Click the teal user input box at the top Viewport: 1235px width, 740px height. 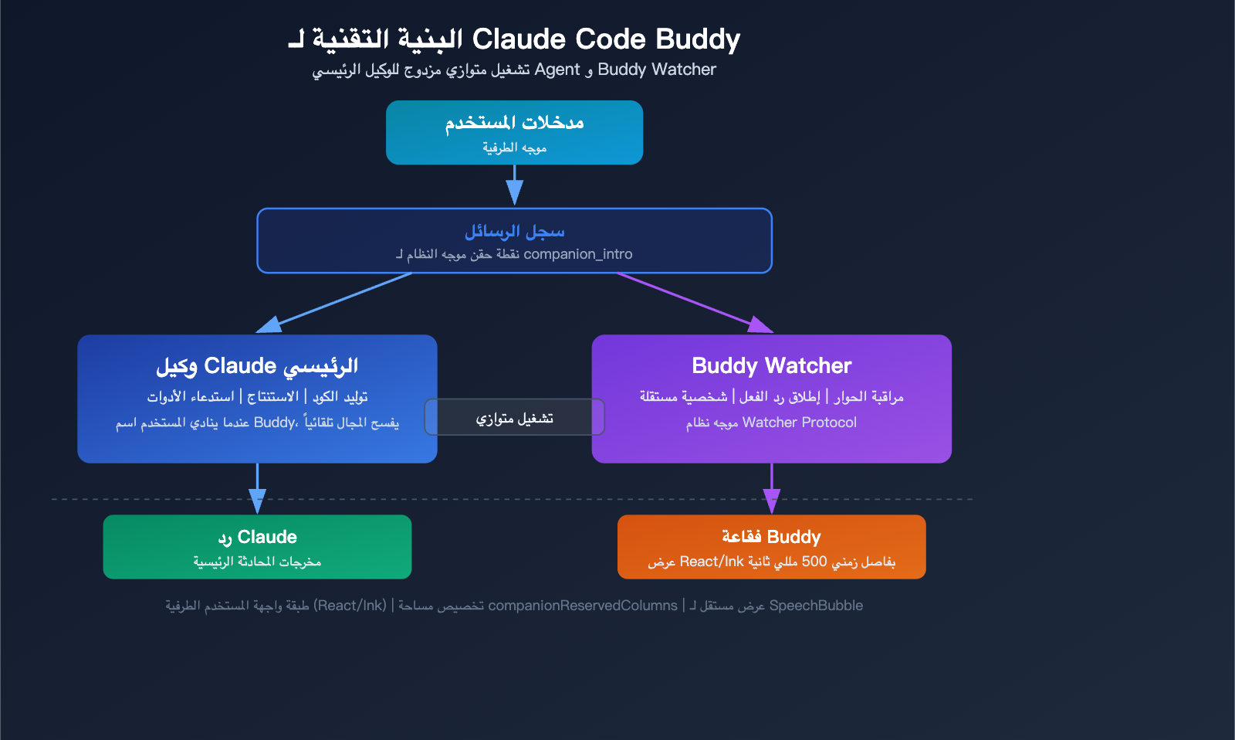click(514, 132)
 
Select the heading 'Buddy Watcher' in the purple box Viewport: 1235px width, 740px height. click(771, 365)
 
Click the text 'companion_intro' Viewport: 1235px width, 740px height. click(577, 254)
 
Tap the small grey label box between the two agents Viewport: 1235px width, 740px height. click(514, 417)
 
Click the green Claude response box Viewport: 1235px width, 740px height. click(257, 547)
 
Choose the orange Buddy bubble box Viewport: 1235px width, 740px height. click(771, 547)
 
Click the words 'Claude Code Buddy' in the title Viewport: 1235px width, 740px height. click(606, 39)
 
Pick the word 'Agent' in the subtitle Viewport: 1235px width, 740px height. click(557, 70)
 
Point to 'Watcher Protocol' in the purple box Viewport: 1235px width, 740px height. click(799, 423)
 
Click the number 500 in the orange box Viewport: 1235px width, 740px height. click(814, 562)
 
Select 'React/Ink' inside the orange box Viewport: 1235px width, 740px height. click(711, 562)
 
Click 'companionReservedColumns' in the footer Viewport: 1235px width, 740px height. click(583, 606)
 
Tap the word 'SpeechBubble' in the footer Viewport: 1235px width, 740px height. click(816, 606)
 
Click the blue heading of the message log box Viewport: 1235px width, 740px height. click(514, 231)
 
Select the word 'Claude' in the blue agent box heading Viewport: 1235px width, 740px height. click(240, 365)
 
